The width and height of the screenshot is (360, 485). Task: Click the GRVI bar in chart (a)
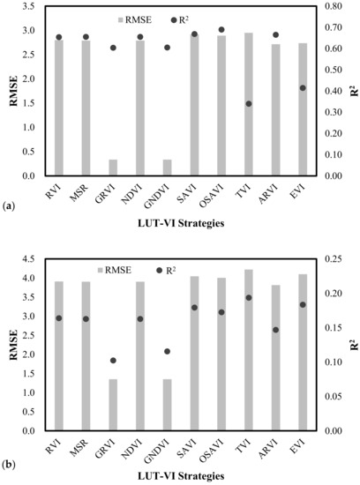coord(114,168)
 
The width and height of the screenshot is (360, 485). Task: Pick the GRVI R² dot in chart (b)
coord(114,361)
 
